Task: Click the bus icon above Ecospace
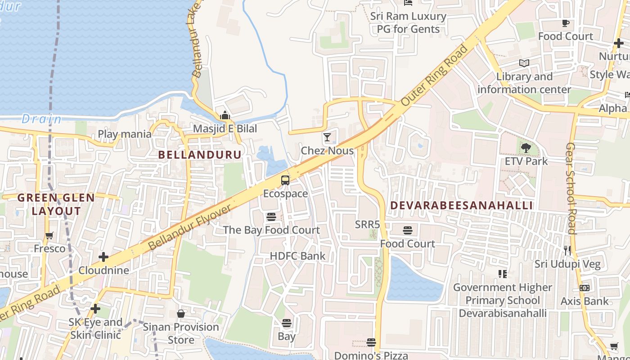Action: tap(285, 180)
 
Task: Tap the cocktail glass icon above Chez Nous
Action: tap(327, 137)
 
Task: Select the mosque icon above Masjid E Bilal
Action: tap(225, 116)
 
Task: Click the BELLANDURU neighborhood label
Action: tap(200, 155)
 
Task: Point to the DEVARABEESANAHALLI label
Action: tap(461, 206)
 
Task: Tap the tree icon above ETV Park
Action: tap(526, 148)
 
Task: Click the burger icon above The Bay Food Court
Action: tap(271, 217)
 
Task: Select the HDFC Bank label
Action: tap(297, 256)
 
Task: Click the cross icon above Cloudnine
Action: tap(103, 257)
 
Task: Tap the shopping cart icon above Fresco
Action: tap(49, 235)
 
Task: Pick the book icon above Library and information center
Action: tap(524, 63)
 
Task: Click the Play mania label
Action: tap(125, 134)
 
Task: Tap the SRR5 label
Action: tap(368, 225)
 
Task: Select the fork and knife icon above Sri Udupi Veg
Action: tap(567, 251)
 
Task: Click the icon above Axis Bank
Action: tap(585, 288)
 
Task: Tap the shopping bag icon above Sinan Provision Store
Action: tap(181, 314)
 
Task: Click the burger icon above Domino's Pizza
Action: tap(371, 342)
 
